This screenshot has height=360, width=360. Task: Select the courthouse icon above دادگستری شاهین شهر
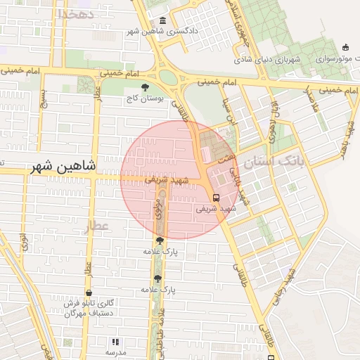[x=163, y=20]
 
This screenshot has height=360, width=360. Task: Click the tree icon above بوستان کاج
[x=146, y=88]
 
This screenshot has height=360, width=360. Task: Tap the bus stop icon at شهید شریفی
[x=216, y=198]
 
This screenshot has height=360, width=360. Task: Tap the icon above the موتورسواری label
[x=345, y=48]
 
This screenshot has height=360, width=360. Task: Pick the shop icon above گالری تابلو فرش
[x=89, y=293]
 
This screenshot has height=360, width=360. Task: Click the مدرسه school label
[x=115, y=352]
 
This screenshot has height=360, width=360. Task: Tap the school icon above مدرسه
[x=115, y=342]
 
